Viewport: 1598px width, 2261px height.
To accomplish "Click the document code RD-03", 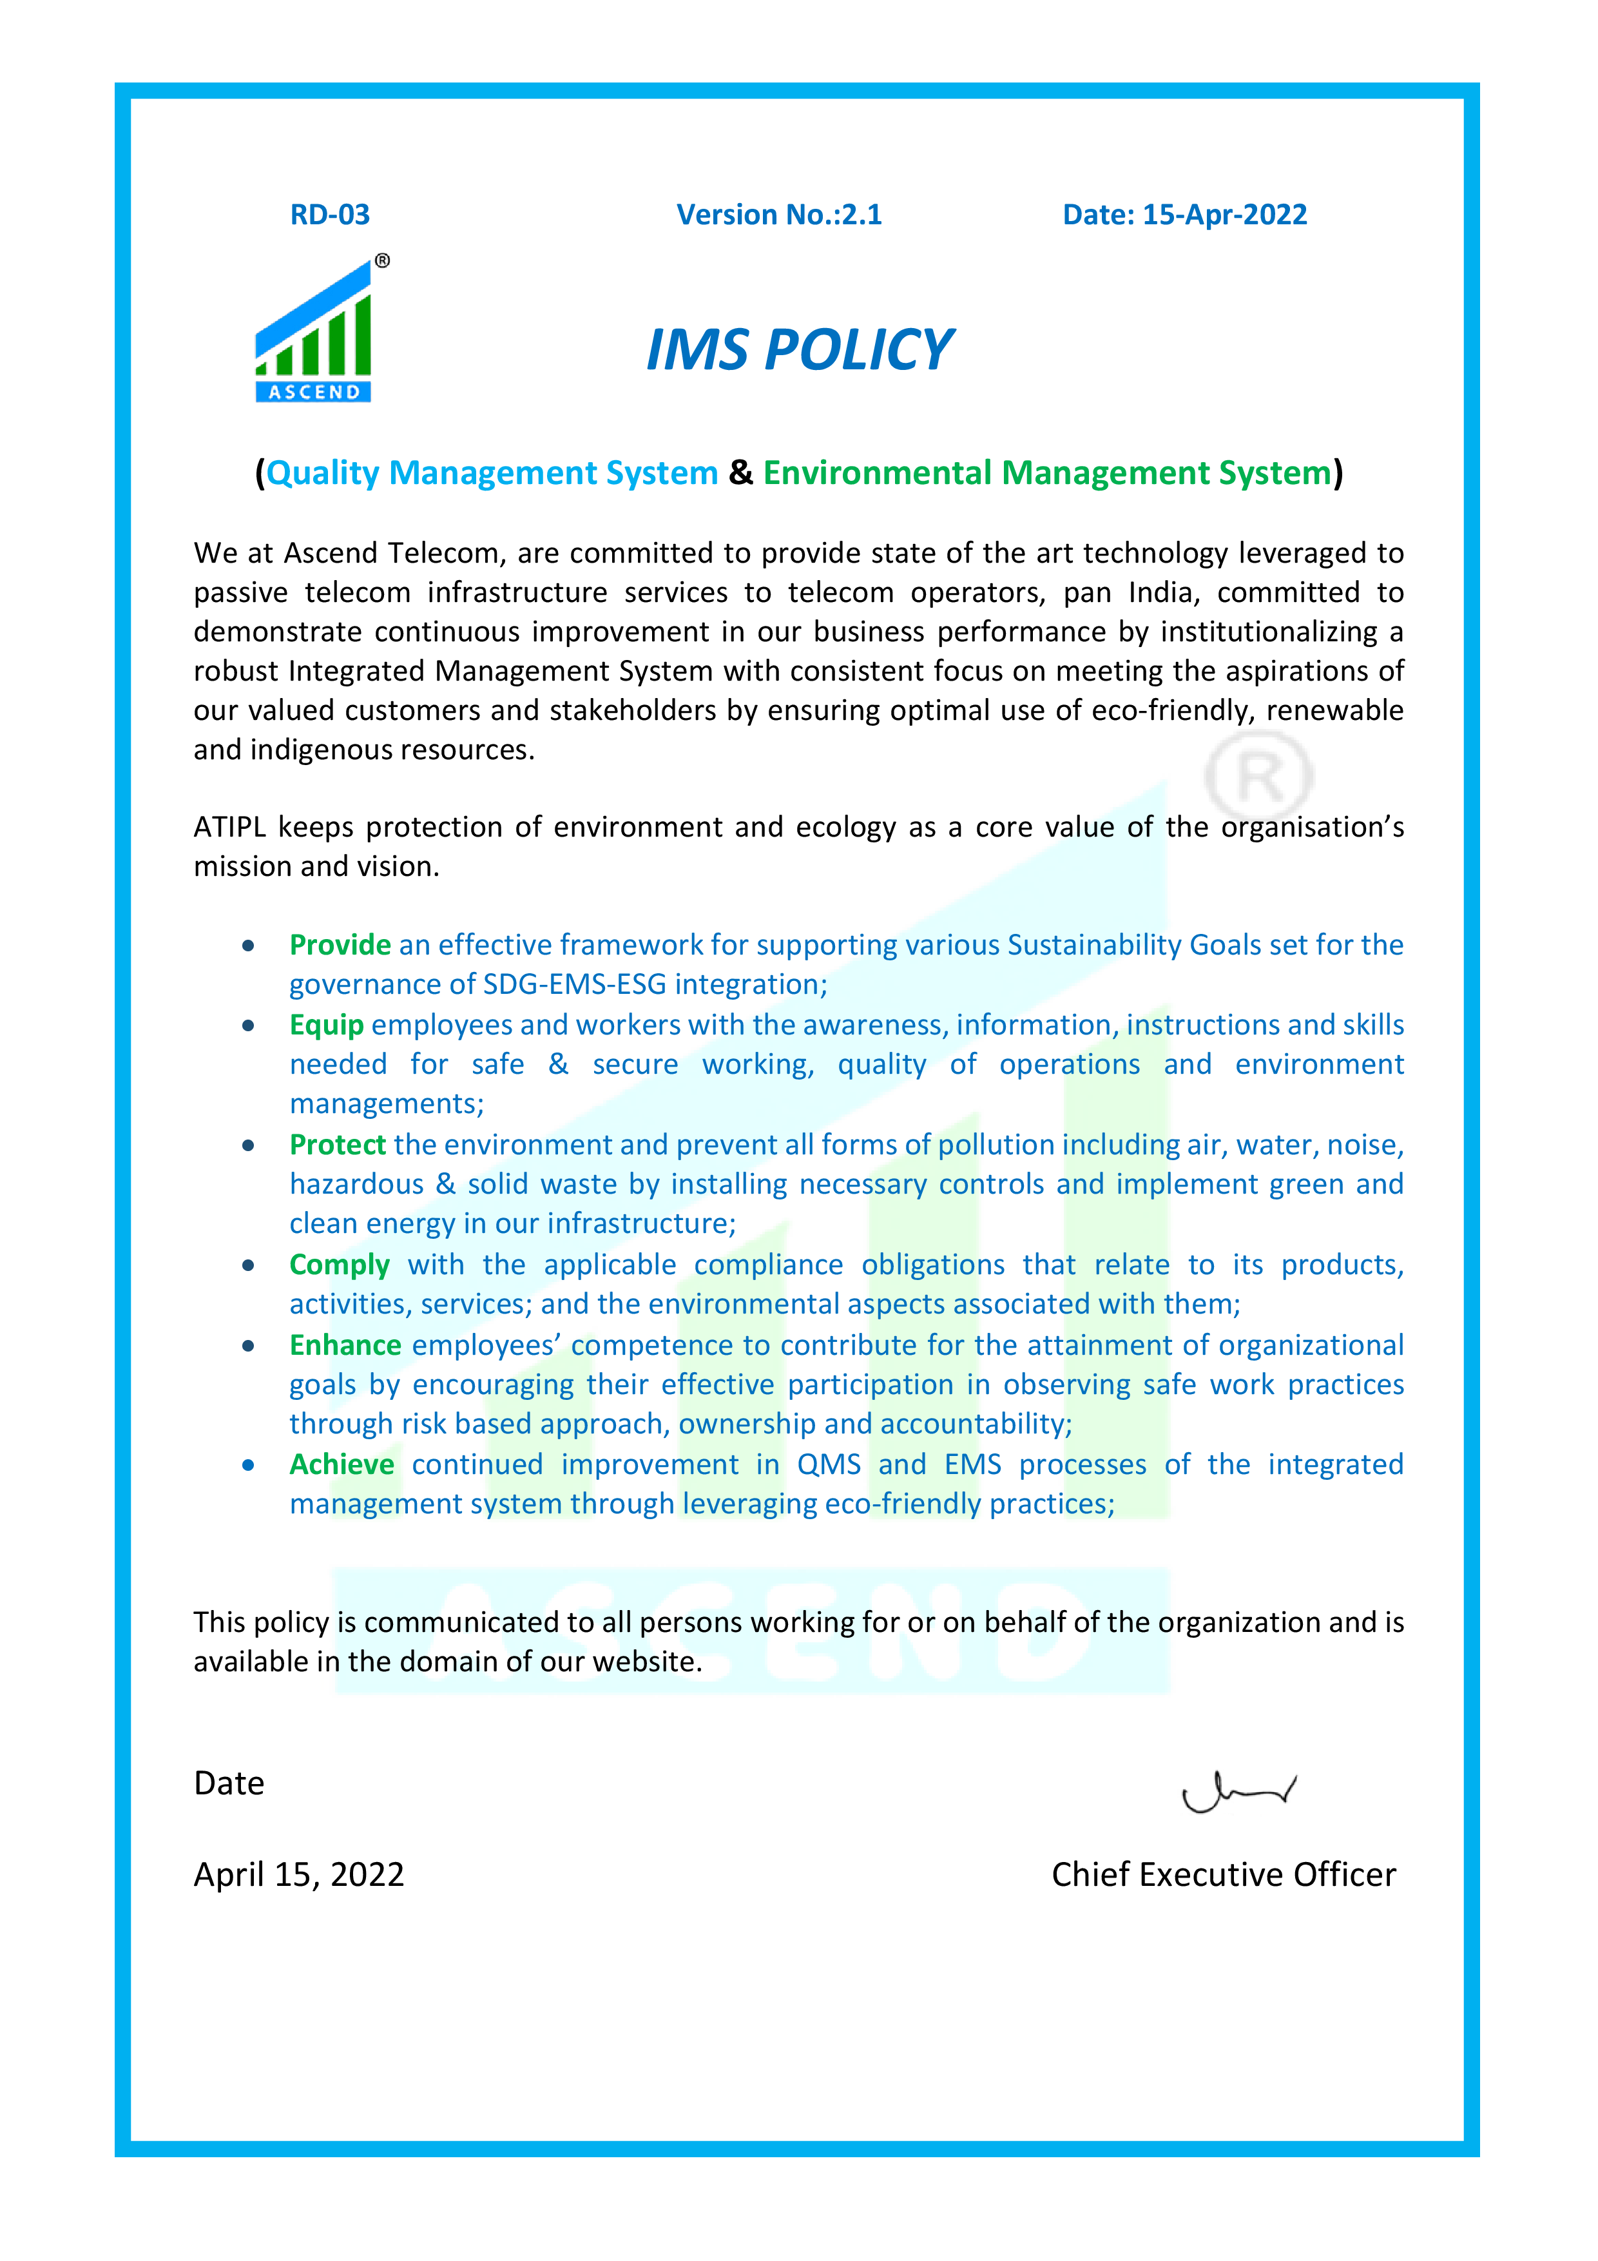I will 330,215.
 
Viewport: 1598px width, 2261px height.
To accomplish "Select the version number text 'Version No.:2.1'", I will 779,215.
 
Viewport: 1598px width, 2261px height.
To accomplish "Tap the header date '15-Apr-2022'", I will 1224,215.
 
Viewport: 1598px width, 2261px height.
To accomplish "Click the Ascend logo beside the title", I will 316,335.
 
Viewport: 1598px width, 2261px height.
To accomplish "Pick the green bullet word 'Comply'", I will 339,1265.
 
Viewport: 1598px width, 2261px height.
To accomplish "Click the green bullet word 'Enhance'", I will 345,1345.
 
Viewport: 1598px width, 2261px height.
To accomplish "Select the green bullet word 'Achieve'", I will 341,1465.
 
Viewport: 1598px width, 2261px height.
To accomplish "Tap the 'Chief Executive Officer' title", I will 1223,1875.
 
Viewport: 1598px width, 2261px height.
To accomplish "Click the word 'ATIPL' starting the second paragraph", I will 229,827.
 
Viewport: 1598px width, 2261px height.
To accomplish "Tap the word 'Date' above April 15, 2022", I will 229,1783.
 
